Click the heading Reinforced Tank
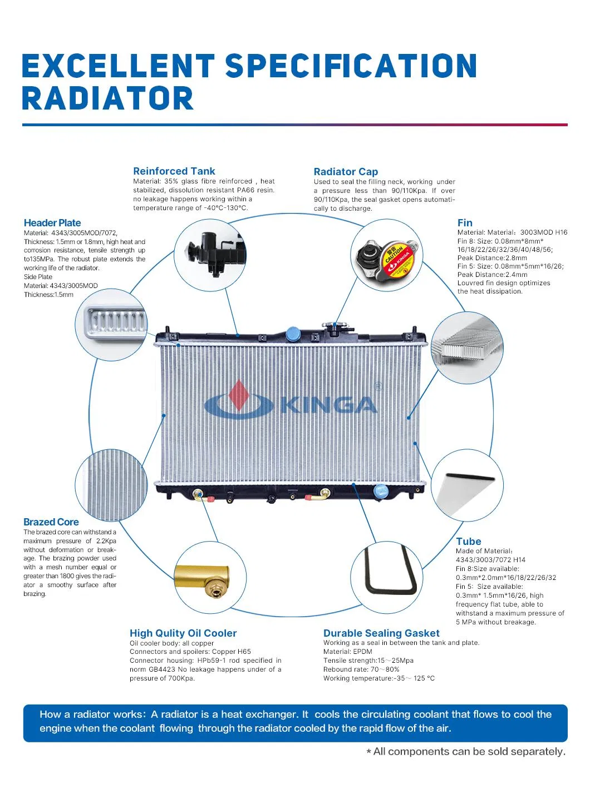point(174,171)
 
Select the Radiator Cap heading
point(346,172)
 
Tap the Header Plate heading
point(52,223)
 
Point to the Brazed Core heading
point(51,522)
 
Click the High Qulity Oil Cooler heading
point(183,633)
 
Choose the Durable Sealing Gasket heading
point(381,633)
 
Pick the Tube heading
point(469,542)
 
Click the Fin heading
point(465,223)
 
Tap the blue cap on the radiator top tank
point(293,334)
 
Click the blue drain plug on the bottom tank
point(381,491)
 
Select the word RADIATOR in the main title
point(107,99)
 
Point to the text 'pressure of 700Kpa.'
point(162,678)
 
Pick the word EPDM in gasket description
point(363,652)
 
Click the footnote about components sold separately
point(466,752)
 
